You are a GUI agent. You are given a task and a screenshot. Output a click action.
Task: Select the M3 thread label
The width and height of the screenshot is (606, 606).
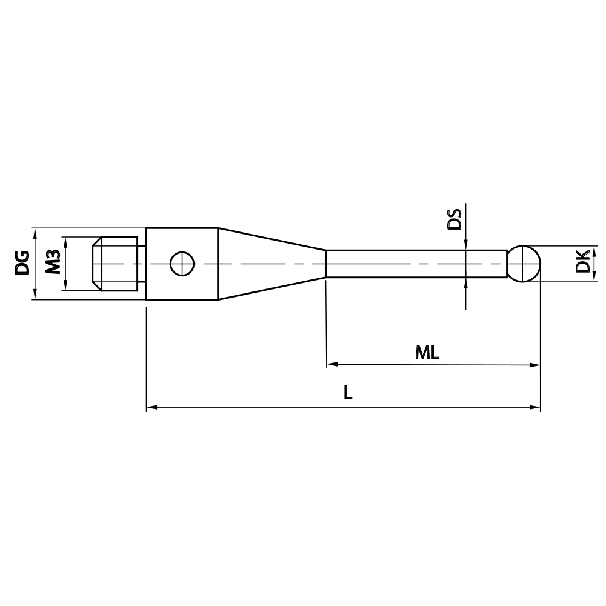pyautogui.click(x=53, y=263)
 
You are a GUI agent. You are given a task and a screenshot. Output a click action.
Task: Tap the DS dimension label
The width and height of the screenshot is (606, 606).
pyautogui.click(x=454, y=219)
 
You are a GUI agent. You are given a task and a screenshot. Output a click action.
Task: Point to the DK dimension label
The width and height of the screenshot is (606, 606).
pyautogui.click(x=583, y=261)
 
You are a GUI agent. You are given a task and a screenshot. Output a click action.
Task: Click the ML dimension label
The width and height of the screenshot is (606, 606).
pyautogui.click(x=427, y=353)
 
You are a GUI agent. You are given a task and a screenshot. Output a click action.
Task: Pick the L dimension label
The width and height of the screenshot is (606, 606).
pyautogui.click(x=347, y=393)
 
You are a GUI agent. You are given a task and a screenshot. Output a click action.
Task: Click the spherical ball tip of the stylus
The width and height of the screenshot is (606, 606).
pyautogui.click(x=524, y=264)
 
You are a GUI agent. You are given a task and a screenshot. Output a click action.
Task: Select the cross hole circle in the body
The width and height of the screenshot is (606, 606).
pyautogui.click(x=182, y=264)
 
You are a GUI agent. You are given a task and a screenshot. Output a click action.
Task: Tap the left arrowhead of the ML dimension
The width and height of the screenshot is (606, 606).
pyautogui.click(x=331, y=365)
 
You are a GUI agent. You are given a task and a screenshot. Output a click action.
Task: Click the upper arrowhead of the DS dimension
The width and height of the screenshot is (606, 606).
pyautogui.click(x=465, y=245)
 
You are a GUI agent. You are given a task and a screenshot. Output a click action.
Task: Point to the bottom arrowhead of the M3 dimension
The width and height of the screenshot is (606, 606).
pyautogui.click(x=65, y=287)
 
